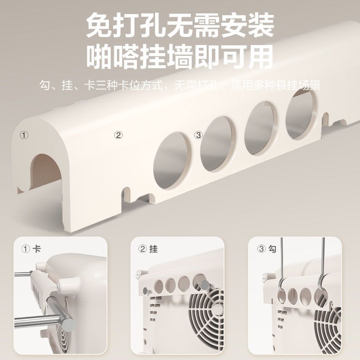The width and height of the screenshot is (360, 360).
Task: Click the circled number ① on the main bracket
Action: (x=24, y=135)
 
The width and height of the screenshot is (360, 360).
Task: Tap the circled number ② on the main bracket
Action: (x=118, y=135)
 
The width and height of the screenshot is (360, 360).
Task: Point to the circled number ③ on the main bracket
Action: (x=198, y=135)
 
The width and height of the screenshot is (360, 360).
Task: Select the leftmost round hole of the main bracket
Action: (x=171, y=160)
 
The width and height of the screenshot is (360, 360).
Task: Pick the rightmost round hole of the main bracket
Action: (x=301, y=114)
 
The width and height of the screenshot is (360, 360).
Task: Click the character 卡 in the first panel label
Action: (x=37, y=249)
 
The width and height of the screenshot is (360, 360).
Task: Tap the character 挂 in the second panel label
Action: (x=153, y=249)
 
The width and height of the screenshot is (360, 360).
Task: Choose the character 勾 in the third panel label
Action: (x=272, y=249)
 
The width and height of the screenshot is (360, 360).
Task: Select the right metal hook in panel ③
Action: (x=322, y=266)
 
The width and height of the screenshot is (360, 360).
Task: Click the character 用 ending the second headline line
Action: (x=260, y=57)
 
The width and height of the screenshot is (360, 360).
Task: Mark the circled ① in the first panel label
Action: (x=26, y=249)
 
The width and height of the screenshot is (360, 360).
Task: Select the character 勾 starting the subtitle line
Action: (x=45, y=85)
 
